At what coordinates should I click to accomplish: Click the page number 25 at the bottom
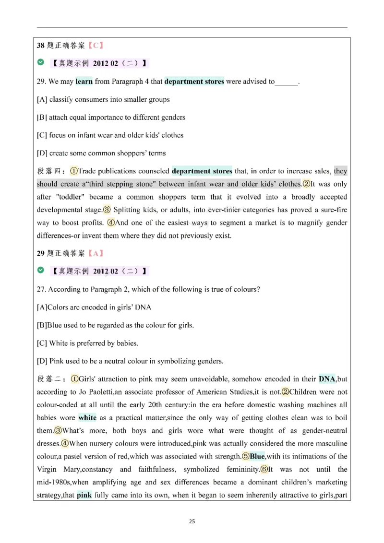tap(192, 521)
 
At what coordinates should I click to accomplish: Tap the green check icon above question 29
tap(41, 63)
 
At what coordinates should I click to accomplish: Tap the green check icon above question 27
tap(41, 271)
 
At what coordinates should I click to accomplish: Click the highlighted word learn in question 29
tap(84, 82)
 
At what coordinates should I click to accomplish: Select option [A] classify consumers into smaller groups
tap(103, 100)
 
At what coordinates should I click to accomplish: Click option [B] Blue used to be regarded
tap(115, 325)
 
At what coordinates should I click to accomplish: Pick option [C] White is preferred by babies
tap(87, 343)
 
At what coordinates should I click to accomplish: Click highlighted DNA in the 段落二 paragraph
tap(327, 379)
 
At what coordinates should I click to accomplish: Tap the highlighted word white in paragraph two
tap(87, 418)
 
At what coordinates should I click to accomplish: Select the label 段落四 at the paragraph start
tap(50, 171)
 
